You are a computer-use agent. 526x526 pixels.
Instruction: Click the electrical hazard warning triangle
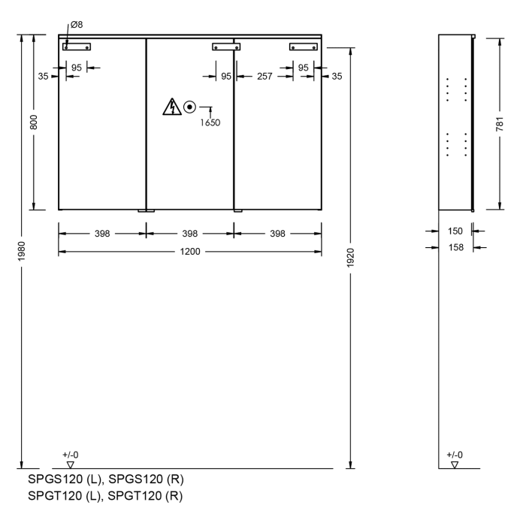172,107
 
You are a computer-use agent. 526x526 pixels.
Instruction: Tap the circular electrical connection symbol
190,107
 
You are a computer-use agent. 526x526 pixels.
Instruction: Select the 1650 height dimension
210,122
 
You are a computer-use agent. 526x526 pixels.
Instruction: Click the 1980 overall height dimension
23,249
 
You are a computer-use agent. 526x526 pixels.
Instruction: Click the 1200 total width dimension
190,251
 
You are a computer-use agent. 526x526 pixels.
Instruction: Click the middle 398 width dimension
190,234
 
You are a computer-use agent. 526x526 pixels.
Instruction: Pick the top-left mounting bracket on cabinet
76,46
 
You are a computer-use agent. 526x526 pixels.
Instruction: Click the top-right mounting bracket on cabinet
304,46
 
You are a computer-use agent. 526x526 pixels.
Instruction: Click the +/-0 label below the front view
70,455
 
